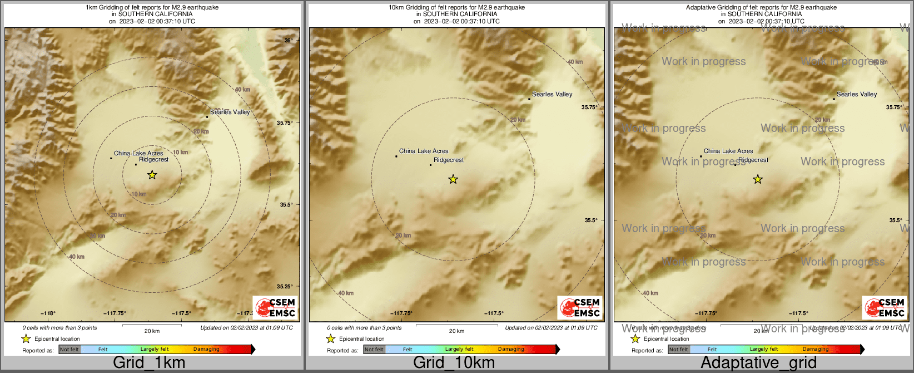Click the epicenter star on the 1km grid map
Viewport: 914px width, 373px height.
click(152, 175)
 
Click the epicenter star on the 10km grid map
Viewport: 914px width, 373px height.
click(453, 179)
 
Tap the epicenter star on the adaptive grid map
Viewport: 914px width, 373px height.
click(758, 179)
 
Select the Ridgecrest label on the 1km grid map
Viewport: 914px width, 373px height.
click(153, 160)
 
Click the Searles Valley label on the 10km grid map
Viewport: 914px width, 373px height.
click(552, 95)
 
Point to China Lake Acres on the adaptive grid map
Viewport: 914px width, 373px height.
click(728, 151)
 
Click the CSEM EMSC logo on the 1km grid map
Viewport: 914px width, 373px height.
click(275, 307)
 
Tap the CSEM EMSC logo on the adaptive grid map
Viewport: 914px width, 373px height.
click(884, 307)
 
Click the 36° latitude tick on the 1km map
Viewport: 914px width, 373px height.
click(288, 41)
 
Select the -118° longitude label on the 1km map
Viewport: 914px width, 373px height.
click(48, 313)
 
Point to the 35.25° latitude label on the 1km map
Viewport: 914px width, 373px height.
click(285, 287)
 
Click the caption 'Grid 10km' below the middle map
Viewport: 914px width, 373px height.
click(454, 363)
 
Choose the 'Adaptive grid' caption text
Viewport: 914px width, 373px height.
click(758, 363)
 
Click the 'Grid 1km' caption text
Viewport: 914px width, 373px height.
click(149, 363)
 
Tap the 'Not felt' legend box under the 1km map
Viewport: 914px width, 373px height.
click(69, 350)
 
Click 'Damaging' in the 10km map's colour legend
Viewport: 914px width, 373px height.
click(511, 350)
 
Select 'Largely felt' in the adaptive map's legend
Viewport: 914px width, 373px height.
click(764, 350)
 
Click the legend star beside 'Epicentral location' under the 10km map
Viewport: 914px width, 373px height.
click(331, 338)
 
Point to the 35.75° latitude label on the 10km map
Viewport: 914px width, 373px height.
click(589, 107)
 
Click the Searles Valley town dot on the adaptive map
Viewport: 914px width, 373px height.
click(834, 99)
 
